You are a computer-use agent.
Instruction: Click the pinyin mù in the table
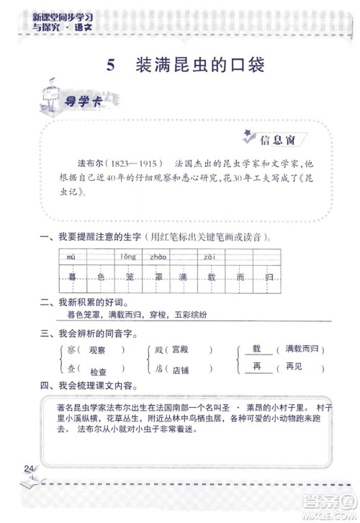[71, 257]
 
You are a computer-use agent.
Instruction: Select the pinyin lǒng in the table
[128, 257]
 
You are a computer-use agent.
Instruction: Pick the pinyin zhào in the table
[158, 257]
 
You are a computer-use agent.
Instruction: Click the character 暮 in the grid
[71, 277]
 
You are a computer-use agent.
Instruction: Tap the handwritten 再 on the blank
[256, 367]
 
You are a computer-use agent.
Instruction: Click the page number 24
[29, 470]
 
